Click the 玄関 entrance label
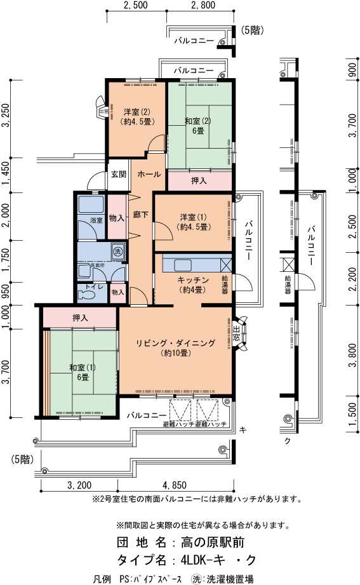pyautogui.click(x=117, y=174)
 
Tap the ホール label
pyautogui.click(x=149, y=174)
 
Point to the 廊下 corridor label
pyautogui.click(x=141, y=215)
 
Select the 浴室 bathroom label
pyautogui.click(x=96, y=220)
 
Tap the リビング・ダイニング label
pyautogui.click(x=175, y=343)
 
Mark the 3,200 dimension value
pyautogui.click(x=79, y=486)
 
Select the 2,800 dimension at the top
pyautogui.click(x=203, y=5)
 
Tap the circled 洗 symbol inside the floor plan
pyautogui.click(x=117, y=251)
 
